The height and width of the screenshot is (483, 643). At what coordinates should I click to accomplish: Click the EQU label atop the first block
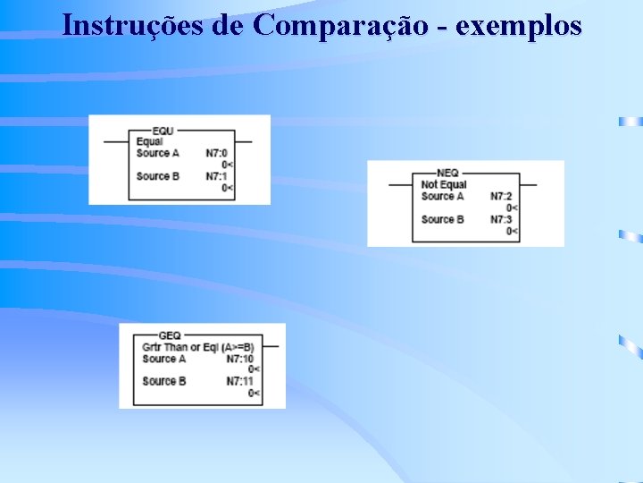(x=163, y=131)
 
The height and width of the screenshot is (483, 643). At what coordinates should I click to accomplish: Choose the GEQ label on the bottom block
(x=168, y=336)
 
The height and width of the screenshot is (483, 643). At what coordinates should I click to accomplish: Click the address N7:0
(x=216, y=153)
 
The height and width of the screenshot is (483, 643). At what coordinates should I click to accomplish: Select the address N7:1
(x=216, y=176)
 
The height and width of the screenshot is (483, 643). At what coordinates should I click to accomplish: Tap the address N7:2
(x=501, y=196)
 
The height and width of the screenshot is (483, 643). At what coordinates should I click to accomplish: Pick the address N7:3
(x=501, y=219)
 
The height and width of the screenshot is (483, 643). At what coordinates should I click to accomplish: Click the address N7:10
(x=239, y=359)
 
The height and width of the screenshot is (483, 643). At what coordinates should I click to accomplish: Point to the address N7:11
(x=239, y=381)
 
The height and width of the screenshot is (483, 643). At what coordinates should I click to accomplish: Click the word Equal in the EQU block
(x=149, y=142)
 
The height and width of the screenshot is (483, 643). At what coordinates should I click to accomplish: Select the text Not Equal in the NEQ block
(x=444, y=185)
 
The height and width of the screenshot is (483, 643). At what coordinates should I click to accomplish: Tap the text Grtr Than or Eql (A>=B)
(x=197, y=347)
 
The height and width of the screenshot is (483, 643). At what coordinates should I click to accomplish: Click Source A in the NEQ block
(x=442, y=196)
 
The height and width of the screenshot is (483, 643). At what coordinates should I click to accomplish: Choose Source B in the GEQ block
(x=163, y=381)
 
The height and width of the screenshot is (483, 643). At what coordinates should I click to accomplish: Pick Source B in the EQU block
(x=157, y=176)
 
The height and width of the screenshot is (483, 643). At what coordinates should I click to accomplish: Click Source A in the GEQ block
(x=163, y=359)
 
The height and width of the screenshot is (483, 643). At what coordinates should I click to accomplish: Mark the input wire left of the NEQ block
(x=400, y=185)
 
